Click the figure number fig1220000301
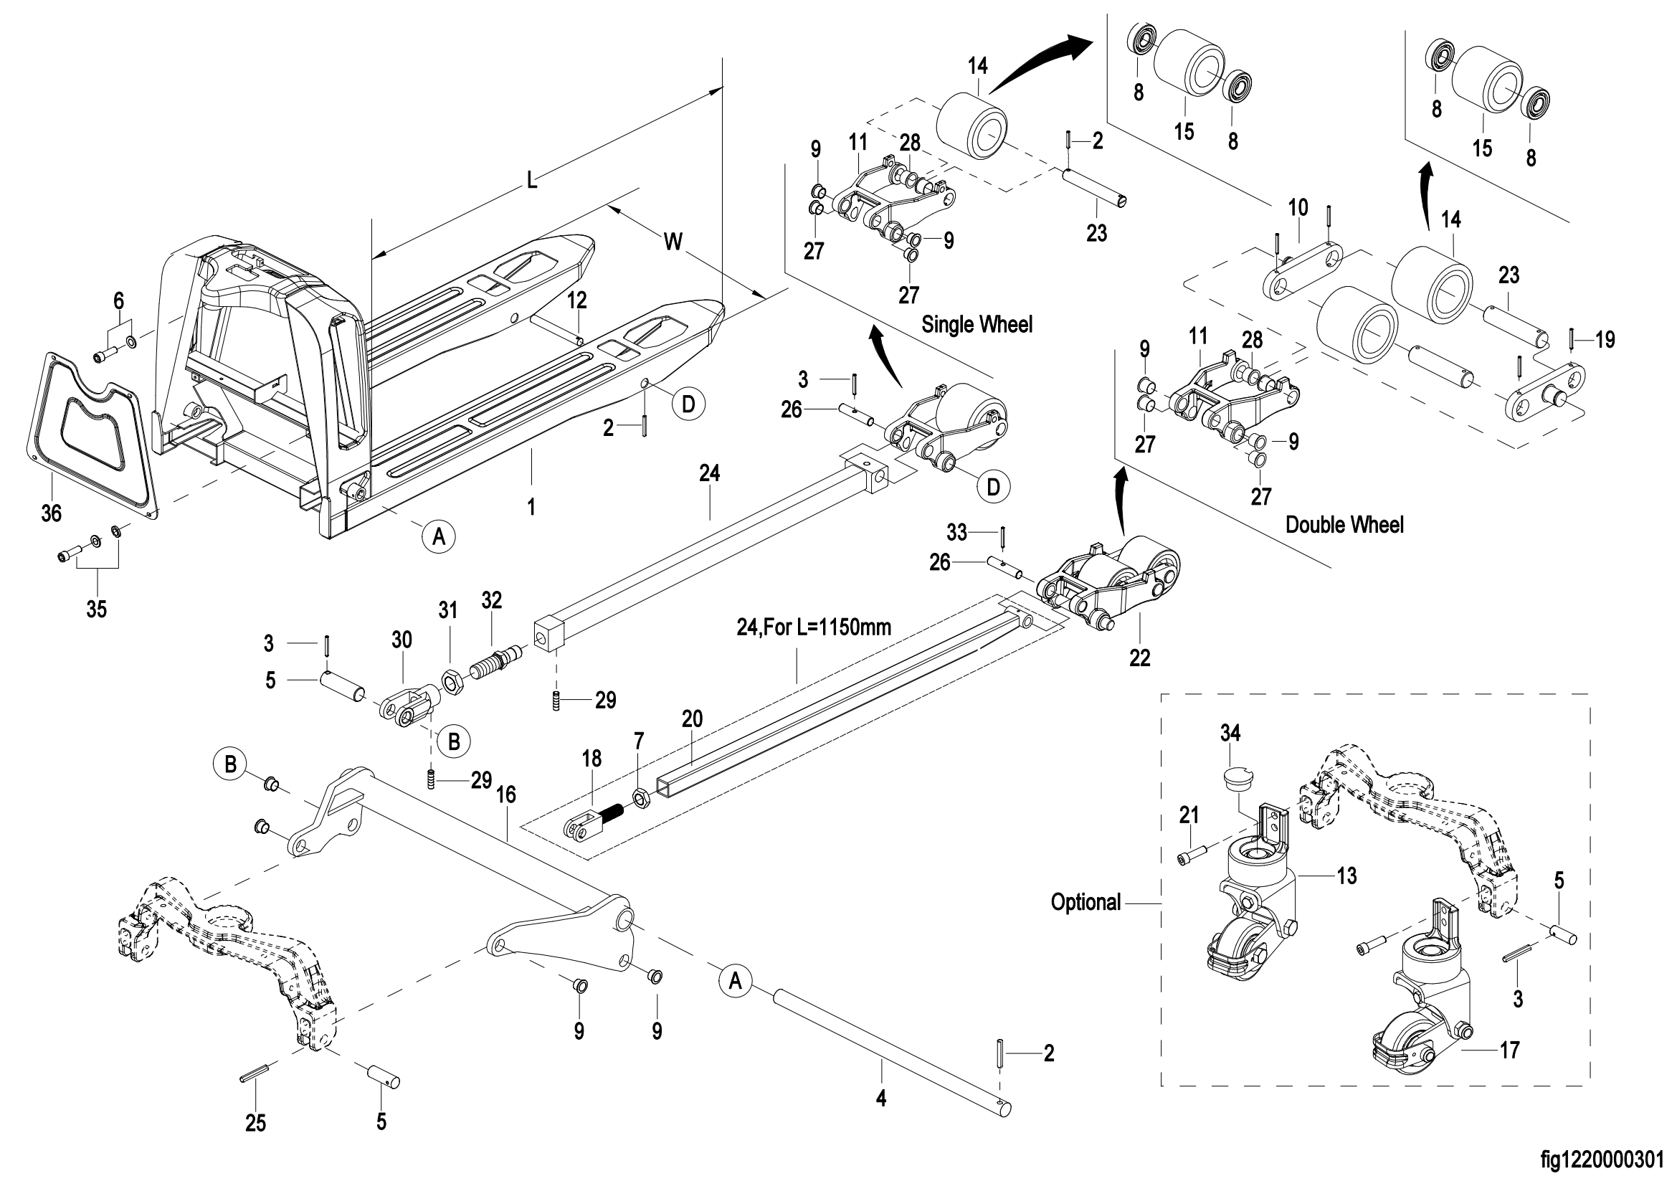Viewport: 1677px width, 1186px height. (1607, 1159)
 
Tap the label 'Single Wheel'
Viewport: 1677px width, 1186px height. (977, 324)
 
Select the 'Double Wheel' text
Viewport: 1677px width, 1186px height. (1344, 524)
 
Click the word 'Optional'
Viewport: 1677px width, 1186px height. (1085, 902)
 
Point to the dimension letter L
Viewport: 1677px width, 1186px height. (532, 180)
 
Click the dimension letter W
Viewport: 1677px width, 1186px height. (673, 241)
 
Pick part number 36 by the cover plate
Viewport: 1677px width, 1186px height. (51, 513)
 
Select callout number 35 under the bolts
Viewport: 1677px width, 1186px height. (96, 608)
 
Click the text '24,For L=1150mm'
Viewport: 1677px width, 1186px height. (814, 627)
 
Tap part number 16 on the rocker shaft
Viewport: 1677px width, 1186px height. (505, 794)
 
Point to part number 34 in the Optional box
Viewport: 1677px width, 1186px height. (1230, 733)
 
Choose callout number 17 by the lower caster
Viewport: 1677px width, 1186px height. (1509, 1050)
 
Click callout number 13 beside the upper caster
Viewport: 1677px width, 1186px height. (1346, 876)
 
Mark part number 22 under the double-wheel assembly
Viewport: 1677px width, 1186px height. (1139, 658)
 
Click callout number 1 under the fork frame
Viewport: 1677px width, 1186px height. (531, 506)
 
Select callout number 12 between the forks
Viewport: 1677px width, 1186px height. (577, 300)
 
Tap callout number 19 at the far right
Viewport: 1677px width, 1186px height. (1605, 340)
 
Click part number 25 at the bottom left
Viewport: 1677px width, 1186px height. (255, 1122)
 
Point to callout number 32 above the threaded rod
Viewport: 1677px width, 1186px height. (492, 600)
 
